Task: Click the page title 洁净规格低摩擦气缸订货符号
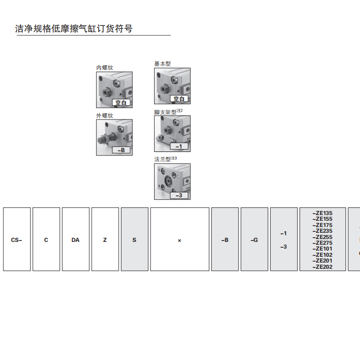pos(74,29)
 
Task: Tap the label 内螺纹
pos(105,68)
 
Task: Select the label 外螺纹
pos(105,116)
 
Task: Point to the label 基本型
pos(162,64)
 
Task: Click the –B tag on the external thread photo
pos(121,150)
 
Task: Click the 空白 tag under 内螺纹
pos(121,103)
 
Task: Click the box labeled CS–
pos(17,240)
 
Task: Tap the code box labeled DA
pos(75,240)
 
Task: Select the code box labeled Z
pos(105,240)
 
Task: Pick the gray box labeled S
pos(134,240)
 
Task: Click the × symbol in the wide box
pos(180,240)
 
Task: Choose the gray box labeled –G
pos(254,240)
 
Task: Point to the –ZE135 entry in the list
pos(323,213)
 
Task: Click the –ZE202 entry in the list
pos(323,267)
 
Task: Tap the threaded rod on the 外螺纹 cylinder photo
pos(102,141)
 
